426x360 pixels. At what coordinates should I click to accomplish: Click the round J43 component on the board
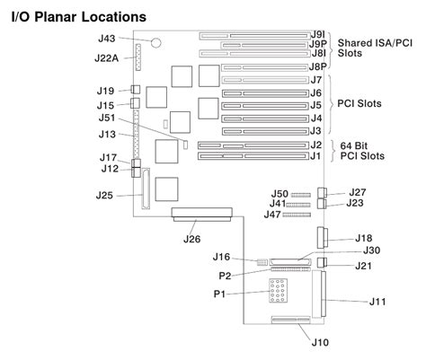click(155, 42)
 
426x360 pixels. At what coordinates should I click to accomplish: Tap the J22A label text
click(107, 58)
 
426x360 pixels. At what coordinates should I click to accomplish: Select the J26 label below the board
click(191, 239)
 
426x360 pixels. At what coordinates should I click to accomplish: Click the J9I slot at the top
click(254, 36)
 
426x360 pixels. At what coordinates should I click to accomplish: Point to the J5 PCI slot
click(265, 106)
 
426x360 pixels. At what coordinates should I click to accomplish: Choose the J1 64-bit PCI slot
click(253, 156)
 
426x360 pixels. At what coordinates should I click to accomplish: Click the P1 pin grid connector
click(278, 290)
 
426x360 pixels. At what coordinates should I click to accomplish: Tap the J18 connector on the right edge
click(322, 238)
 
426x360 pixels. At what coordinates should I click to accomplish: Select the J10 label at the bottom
click(320, 342)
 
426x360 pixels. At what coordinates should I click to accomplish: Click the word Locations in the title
click(114, 17)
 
